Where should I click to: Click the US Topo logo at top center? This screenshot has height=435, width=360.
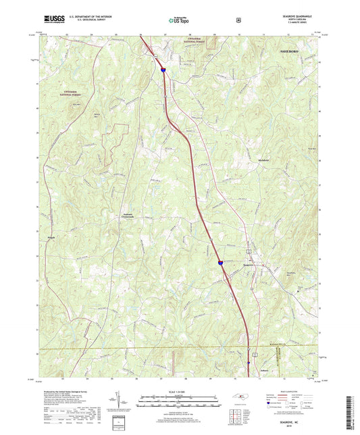click(x=180, y=20)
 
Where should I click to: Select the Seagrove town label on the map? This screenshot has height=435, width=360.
click(x=250, y=265)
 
